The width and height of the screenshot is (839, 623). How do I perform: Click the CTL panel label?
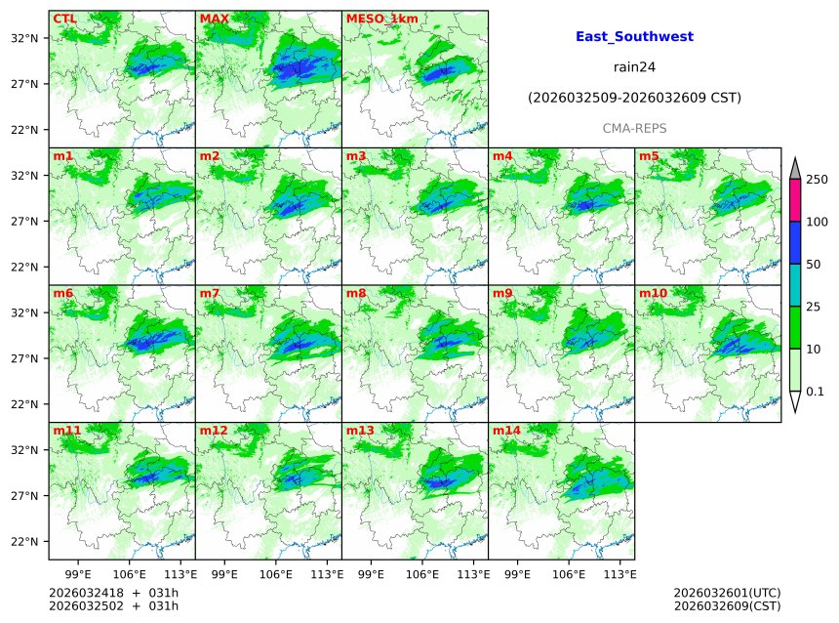64,19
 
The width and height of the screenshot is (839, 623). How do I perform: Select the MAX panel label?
214,19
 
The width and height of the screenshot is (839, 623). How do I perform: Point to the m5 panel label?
649,156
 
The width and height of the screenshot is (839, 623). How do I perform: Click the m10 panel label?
653,293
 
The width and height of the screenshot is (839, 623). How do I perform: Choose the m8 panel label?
356,293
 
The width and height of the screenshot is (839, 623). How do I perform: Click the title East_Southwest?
634,36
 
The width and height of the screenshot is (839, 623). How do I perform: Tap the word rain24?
634,67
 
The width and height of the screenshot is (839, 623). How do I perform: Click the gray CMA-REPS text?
634,128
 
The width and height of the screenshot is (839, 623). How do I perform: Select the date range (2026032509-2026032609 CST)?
634,98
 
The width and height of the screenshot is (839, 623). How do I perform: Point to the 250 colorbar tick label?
817,180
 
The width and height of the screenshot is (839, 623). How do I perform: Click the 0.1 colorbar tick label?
816,392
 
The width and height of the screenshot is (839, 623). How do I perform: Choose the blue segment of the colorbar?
794,243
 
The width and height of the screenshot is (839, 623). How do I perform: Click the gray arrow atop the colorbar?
794,168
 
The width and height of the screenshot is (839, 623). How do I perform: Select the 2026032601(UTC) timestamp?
727,593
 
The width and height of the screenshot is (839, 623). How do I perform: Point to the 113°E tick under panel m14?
621,573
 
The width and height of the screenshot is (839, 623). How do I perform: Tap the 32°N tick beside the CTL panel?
23,38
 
